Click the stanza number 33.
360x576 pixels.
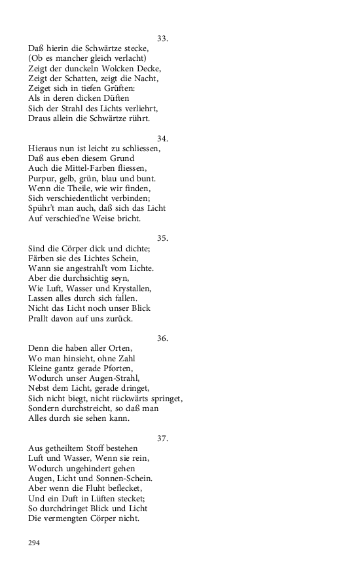click(x=163, y=39)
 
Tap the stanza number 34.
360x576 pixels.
click(x=163, y=138)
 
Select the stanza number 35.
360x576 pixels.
click(x=163, y=238)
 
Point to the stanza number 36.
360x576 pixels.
click(x=163, y=338)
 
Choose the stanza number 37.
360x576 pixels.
click(x=163, y=438)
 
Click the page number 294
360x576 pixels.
click(x=35, y=543)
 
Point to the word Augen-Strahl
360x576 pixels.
click(x=124, y=378)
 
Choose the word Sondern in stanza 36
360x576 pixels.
click(x=46, y=408)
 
